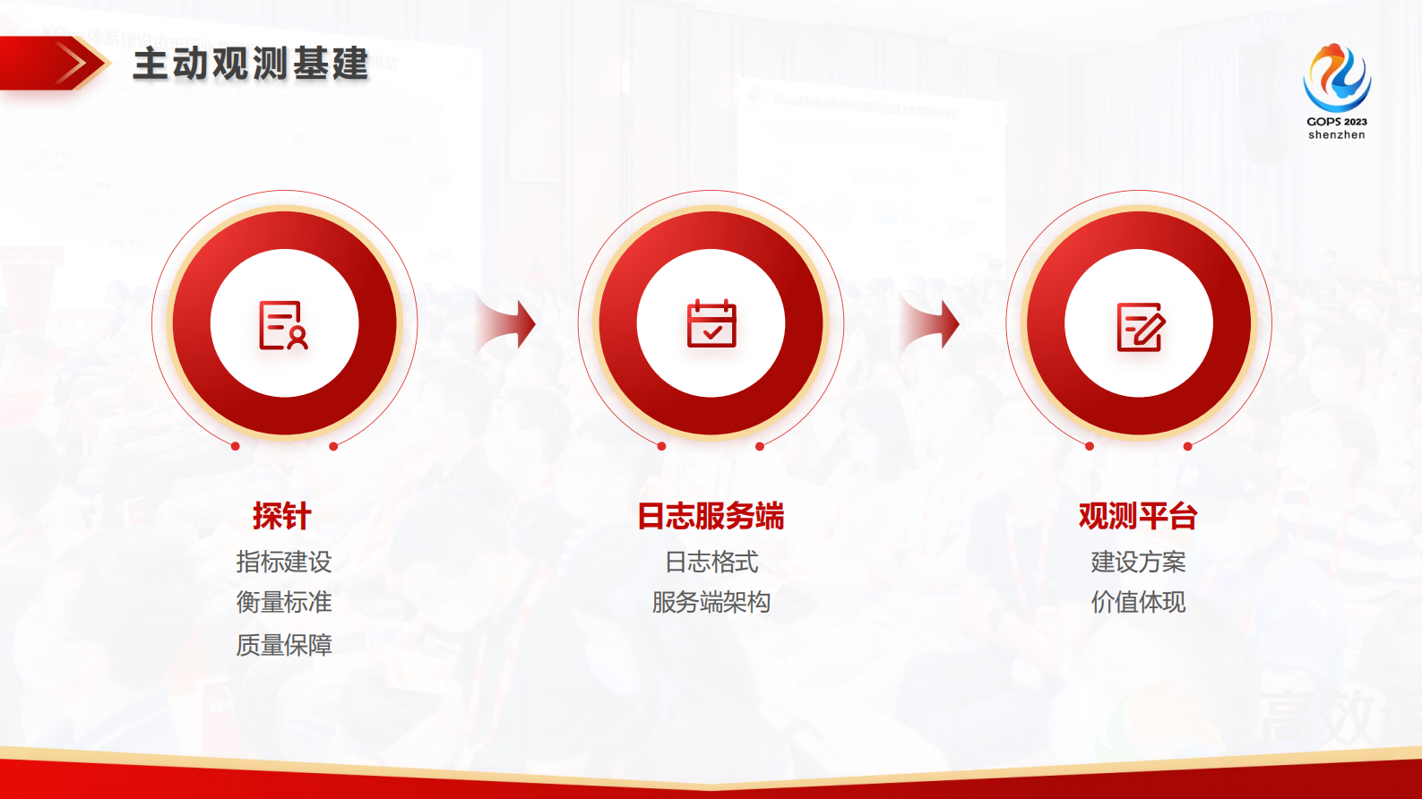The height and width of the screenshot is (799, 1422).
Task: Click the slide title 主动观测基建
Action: pyautogui.click(x=250, y=64)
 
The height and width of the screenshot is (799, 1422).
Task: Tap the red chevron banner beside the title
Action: pyautogui.click(x=54, y=64)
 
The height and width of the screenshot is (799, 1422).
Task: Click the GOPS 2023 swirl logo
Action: pyautogui.click(x=1337, y=77)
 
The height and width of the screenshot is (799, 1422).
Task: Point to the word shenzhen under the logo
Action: pyautogui.click(x=1337, y=135)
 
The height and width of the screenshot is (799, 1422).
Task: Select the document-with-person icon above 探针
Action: pyautogui.click(x=283, y=324)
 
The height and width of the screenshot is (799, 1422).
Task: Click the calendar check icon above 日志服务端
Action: pyautogui.click(x=711, y=323)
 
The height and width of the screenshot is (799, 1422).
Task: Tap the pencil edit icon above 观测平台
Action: pyautogui.click(x=1140, y=326)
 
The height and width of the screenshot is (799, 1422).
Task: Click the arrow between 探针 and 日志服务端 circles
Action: pyautogui.click(x=508, y=324)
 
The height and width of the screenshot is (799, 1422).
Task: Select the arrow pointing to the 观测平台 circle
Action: pyautogui.click(x=932, y=324)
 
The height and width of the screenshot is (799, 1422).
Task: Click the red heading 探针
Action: pyautogui.click(x=282, y=516)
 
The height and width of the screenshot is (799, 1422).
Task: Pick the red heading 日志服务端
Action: pyautogui.click(x=711, y=516)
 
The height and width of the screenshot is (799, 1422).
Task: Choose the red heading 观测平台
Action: pyautogui.click(x=1138, y=516)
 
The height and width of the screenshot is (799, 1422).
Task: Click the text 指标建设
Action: pyautogui.click(x=284, y=562)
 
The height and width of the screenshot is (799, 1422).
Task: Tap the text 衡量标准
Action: pyautogui.click(x=284, y=602)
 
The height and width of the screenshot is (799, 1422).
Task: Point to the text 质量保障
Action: pyautogui.click(x=284, y=645)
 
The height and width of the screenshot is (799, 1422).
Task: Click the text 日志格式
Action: pyautogui.click(x=711, y=562)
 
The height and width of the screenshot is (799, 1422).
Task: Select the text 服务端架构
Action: pyautogui.click(x=711, y=602)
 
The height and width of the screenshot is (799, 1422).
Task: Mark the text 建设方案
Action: pyautogui.click(x=1138, y=562)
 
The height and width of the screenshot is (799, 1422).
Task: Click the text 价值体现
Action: pyautogui.click(x=1138, y=602)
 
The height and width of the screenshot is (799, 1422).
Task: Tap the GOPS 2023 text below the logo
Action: pyautogui.click(x=1337, y=122)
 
